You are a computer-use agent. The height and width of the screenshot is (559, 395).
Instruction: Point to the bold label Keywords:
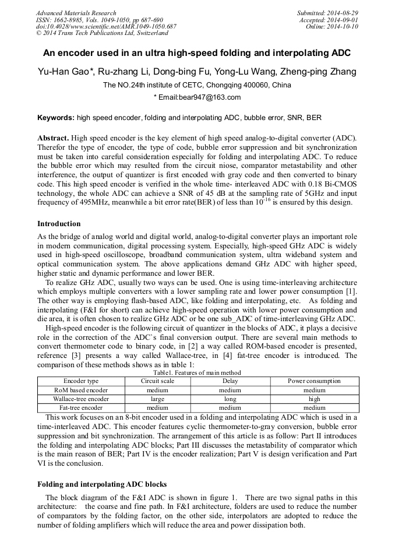click(56, 117)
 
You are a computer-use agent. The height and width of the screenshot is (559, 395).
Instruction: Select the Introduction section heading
click(59, 224)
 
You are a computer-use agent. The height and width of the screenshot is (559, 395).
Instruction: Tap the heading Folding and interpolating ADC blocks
click(102, 484)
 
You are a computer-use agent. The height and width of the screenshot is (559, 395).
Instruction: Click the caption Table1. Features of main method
click(197, 372)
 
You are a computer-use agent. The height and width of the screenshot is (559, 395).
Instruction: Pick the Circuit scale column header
click(157, 381)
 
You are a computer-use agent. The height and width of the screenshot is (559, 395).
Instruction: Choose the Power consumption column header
click(314, 381)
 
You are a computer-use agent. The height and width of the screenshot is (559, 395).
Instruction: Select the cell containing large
click(157, 399)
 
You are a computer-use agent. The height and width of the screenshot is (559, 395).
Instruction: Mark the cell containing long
click(230, 399)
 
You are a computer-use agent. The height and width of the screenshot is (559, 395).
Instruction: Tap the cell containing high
click(314, 399)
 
